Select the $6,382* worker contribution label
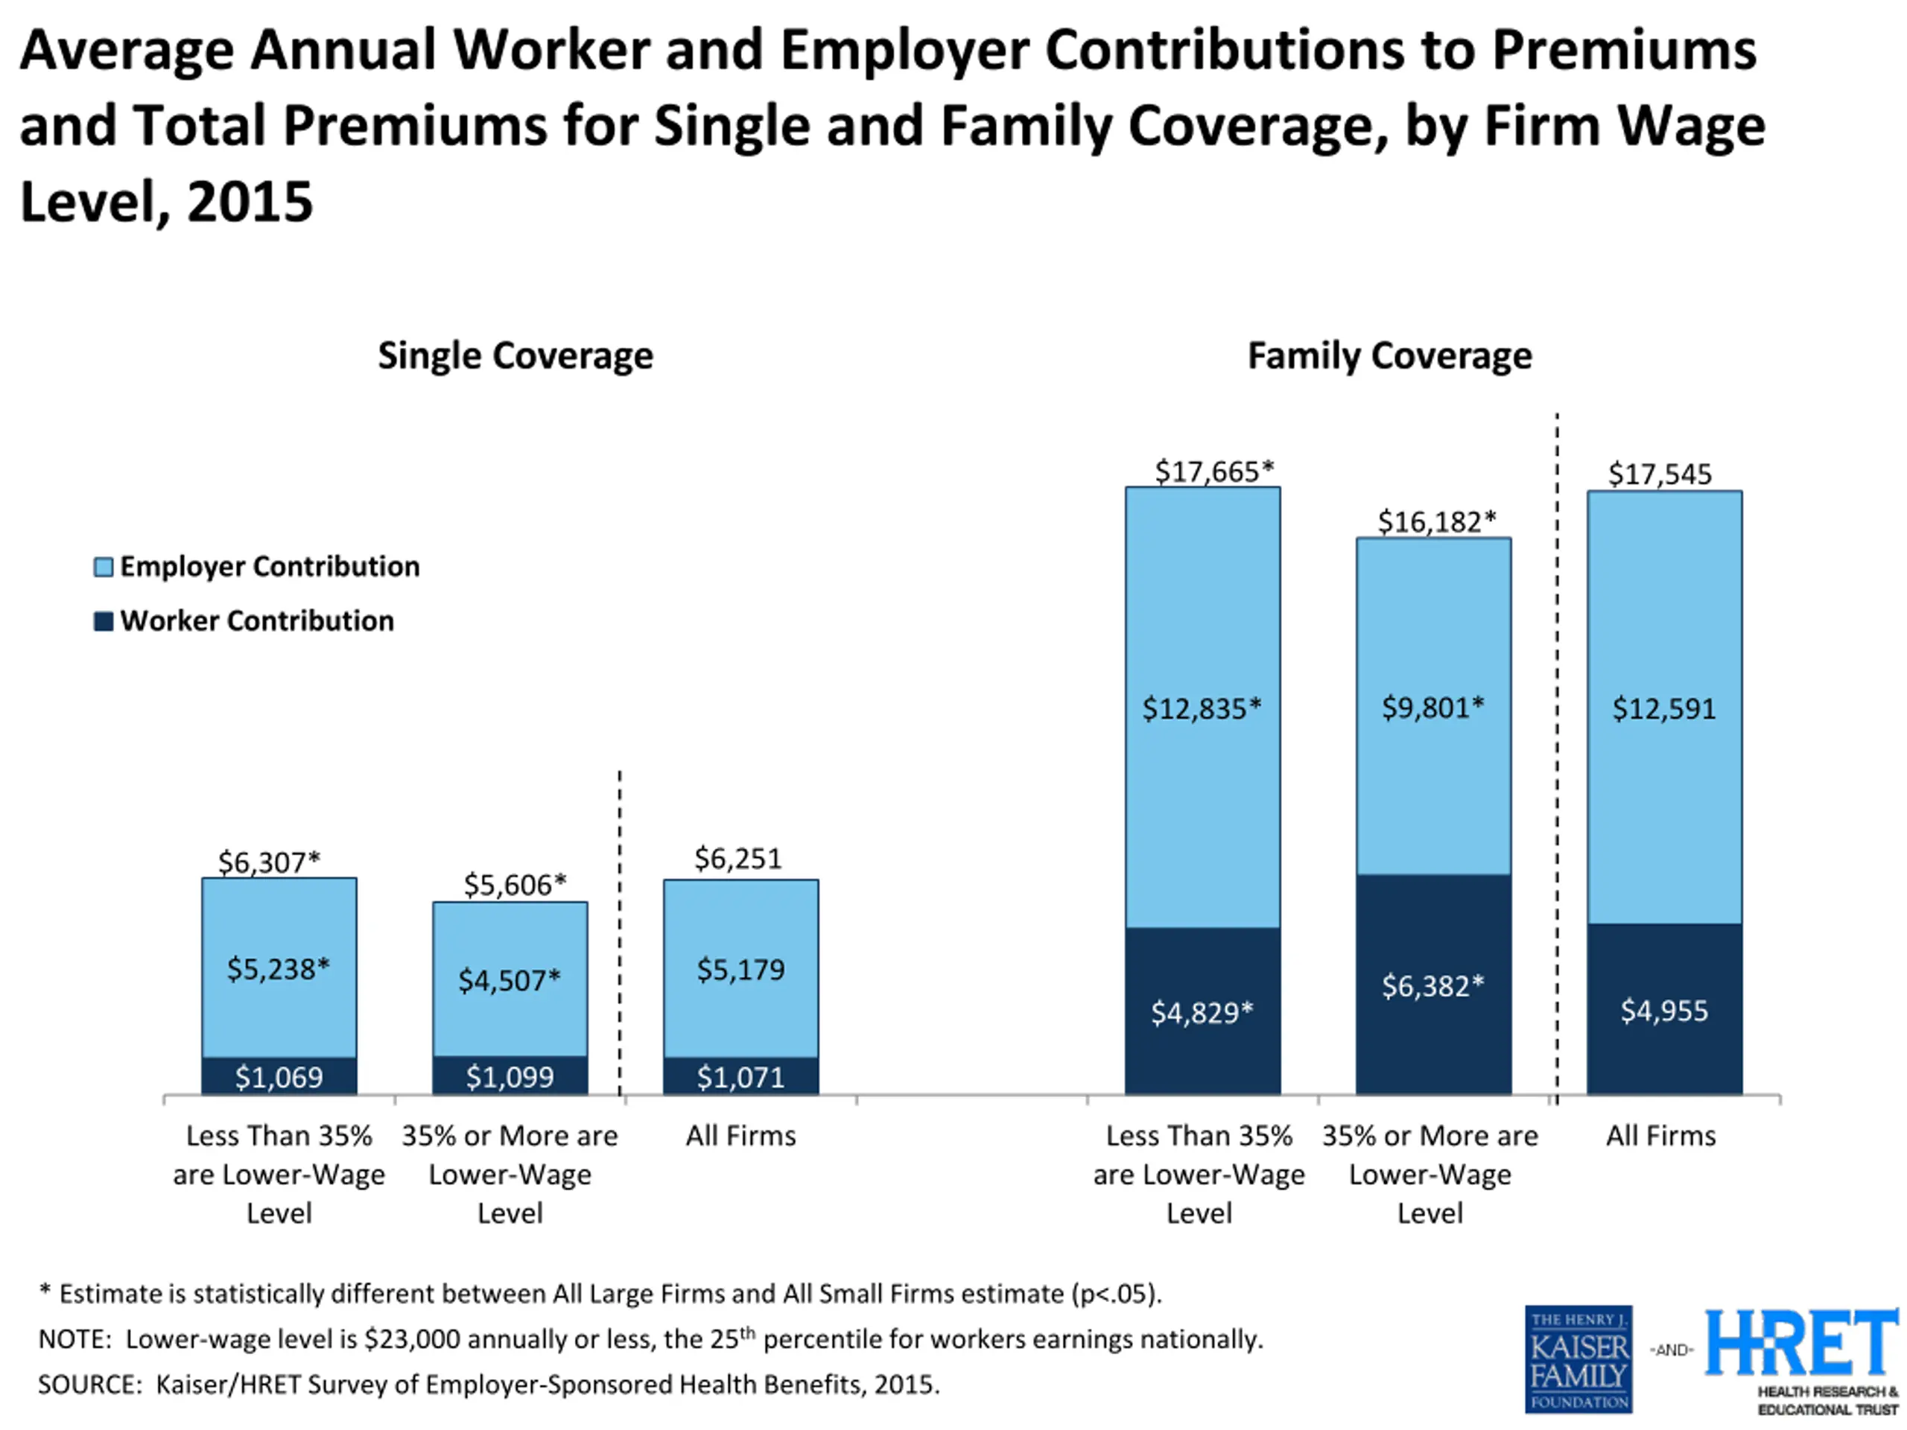(x=1432, y=985)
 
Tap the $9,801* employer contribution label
(x=1432, y=708)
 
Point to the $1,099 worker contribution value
(x=510, y=1076)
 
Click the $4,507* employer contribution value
(x=510, y=980)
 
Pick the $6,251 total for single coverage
(x=738, y=859)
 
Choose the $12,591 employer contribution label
(x=1664, y=708)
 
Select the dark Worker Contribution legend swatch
(x=104, y=621)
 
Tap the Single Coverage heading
(x=515, y=356)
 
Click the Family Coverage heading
(x=1390, y=356)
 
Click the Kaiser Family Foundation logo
(x=1578, y=1359)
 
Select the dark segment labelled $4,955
(x=1665, y=1009)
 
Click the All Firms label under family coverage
(x=1660, y=1136)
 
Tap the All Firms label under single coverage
(x=740, y=1136)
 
